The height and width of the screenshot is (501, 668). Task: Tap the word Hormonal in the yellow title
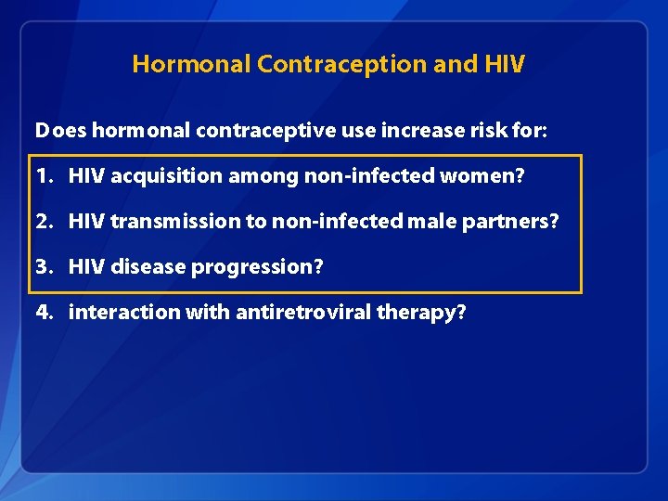coord(192,64)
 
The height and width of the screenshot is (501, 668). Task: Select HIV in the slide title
coord(504,64)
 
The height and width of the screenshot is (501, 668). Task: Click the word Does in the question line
coord(60,131)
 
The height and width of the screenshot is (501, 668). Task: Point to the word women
coord(489,176)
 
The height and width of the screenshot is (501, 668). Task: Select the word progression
coord(272,267)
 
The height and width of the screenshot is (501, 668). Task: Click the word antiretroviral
coord(302,312)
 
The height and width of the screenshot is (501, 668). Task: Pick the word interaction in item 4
coord(123,312)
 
